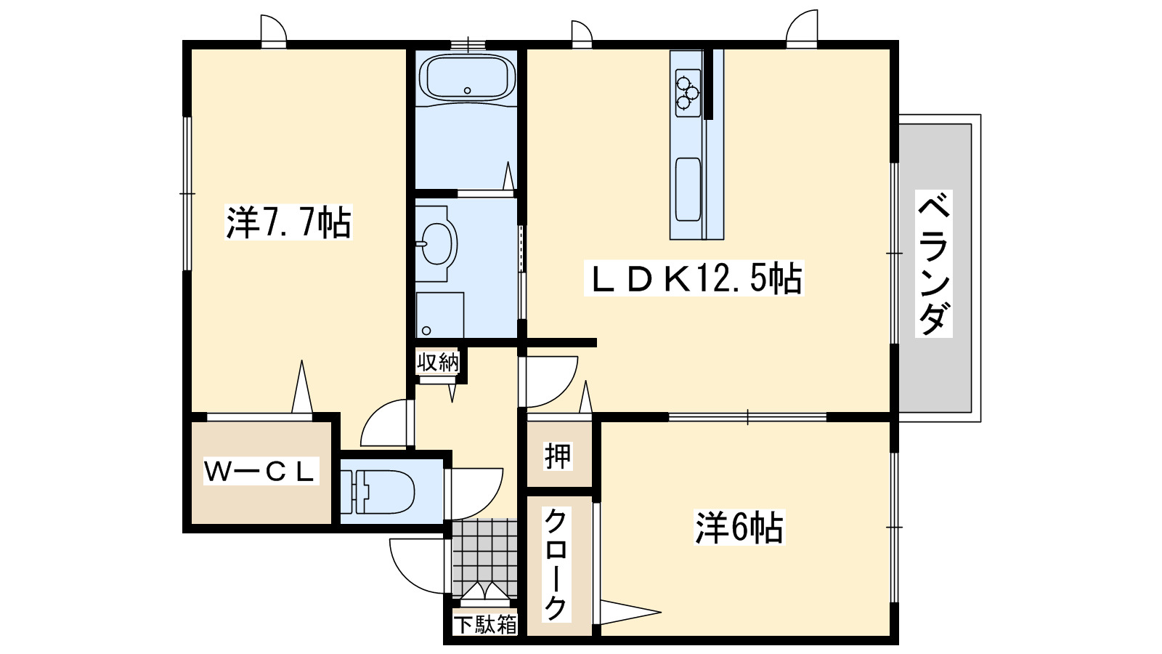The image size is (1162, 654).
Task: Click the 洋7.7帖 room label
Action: [288, 222]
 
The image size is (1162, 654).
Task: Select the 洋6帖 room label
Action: [739, 528]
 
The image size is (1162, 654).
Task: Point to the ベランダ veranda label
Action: [934, 263]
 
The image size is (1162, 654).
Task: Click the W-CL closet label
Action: [259, 472]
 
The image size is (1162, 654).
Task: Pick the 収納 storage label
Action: [438, 362]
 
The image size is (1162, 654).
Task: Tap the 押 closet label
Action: [558, 456]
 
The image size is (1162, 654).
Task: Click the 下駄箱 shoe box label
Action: [485, 624]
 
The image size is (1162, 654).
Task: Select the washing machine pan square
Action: [440, 315]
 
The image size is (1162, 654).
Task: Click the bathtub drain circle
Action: [467, 91]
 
